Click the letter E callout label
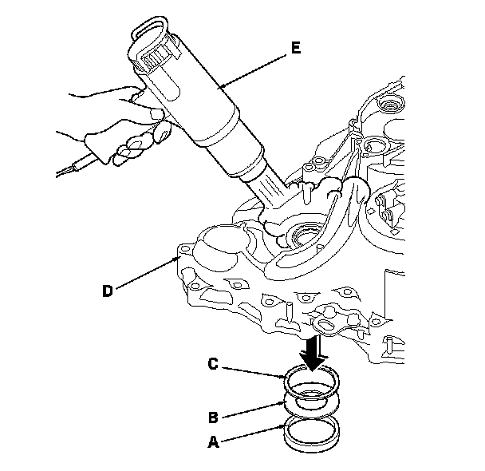pos(296,48)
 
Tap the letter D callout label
pos(108,290)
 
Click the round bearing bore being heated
pos(304,236)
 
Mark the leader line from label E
pos(255,67)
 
